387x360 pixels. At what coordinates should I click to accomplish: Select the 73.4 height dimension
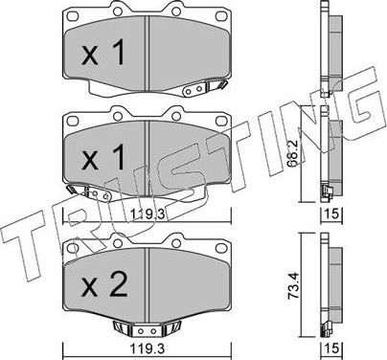tap(306, 284)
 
